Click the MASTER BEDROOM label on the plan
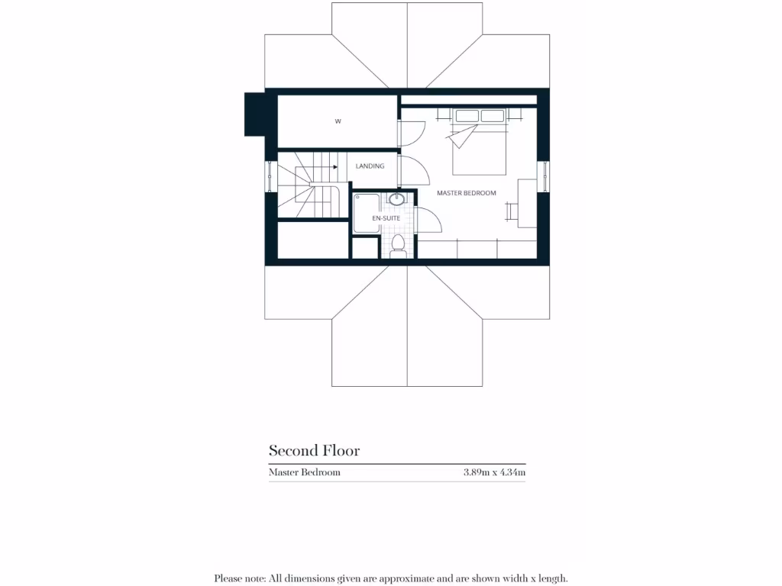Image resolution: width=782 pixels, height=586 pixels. tap(466, 193)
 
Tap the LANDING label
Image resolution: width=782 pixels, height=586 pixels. tap(370, 166)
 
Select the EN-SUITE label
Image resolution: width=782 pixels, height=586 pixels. tap(386, 218)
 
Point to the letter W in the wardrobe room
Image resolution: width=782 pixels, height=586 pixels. tap(337, 121)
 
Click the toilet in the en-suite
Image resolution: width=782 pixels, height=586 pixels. tap(397, 244)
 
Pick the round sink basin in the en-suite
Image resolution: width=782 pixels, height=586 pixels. tap(397, 200)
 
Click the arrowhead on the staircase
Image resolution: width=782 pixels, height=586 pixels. tap(335, 166)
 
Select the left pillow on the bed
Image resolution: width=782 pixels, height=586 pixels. tap(467, 116)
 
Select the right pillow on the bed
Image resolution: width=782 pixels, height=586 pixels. tap(493, 116)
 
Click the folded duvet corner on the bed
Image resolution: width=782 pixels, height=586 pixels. tap(463, 137)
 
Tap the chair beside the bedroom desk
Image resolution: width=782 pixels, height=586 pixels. tap(509, 203)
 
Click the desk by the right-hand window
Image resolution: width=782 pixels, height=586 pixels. tap(527, 202)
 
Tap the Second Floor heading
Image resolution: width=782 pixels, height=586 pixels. tap(314, 450)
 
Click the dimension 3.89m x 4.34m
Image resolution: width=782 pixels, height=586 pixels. tap(494, 472)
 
